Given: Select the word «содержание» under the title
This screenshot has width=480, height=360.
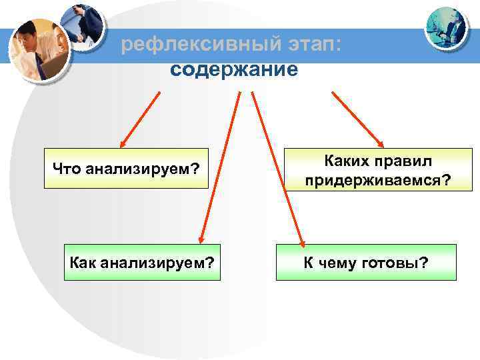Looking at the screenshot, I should pyautogui.click(x=234, y=69).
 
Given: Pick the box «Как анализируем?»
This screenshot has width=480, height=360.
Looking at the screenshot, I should pyautogui.click(x=142, y=262).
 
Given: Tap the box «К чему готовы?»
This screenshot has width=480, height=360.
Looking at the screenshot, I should pyautogui.click(x=366, y=262).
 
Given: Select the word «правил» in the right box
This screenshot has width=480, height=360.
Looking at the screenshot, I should pyautogui.click(x=402, y=161).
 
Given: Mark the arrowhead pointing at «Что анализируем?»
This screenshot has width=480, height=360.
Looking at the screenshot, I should pyautogui.click(x=123, y=143).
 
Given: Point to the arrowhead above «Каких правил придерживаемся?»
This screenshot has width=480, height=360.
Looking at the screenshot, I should pyautogui.click(x=380, y=141).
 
